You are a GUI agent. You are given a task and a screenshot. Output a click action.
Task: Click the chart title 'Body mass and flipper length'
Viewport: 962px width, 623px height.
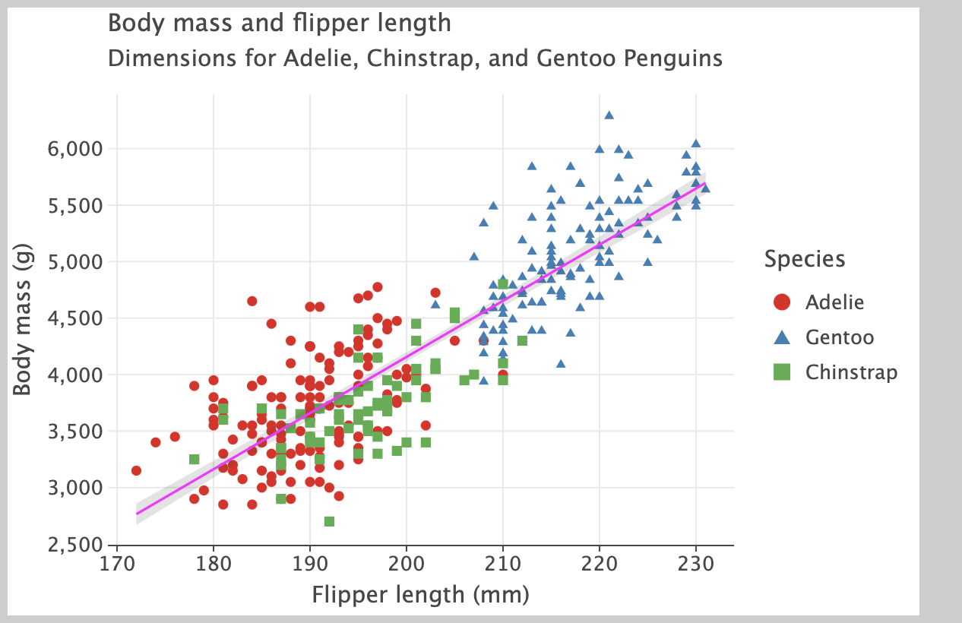click(x=280, y=24)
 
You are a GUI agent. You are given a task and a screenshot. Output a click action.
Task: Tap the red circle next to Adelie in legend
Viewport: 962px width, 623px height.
click(x=782, y=302)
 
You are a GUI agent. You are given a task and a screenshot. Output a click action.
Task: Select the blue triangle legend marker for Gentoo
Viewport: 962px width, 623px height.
click(x=782, y=337)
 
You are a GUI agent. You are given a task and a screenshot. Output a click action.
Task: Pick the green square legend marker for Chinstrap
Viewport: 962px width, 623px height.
click(x=782, y=372)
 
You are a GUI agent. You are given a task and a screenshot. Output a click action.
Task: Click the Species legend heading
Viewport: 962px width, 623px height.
click(x=805, y=259)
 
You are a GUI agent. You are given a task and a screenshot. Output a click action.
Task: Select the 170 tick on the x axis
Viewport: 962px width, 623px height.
click(x=116, y=564)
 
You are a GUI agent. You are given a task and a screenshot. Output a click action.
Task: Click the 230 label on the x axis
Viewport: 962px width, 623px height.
click(x=696, y=564)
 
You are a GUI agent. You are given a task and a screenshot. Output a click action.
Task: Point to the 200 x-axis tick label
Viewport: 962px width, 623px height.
click(x=407, y=564)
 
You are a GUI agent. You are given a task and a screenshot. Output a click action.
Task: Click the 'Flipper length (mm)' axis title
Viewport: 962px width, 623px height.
click(x=420, y=594)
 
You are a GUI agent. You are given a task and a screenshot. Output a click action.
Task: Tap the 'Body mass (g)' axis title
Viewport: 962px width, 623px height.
click(x=23, y=323)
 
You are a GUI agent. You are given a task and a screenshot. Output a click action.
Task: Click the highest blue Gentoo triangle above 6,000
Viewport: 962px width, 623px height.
click(x=609, y=115)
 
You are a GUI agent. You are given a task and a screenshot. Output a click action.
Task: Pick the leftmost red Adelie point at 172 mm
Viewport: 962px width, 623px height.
click(x=136, y=470)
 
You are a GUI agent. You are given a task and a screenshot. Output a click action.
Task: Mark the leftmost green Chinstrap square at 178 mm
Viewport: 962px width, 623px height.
click(x=195, y=459)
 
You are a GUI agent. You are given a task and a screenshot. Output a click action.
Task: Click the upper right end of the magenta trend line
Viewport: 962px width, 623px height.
click(x=704, y=184)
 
